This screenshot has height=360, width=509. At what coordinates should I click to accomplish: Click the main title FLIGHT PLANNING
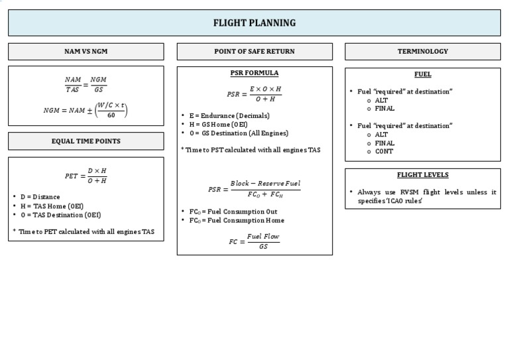(254, 23)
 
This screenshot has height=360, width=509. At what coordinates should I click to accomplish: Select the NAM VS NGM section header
(85, 52)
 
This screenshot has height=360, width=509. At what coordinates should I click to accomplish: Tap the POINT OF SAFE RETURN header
(254, 52)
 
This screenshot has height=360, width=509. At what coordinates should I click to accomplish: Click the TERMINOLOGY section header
(422, 52)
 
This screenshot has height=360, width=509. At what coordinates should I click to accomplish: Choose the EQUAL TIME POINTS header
(85, 141)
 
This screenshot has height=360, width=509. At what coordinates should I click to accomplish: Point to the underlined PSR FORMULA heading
(254, 73)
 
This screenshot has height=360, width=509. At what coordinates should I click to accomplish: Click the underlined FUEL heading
(422, 75)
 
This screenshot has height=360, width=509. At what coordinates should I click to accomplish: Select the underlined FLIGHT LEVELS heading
(422, 175)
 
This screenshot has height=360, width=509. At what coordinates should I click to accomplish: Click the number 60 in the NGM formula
(111, 115)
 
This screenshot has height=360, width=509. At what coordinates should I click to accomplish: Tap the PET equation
(85, 176)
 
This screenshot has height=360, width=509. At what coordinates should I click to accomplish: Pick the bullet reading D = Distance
(40, 197)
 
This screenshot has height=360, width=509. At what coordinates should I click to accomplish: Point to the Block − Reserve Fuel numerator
(264, 183)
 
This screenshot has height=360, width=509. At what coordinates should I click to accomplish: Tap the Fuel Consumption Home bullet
(237, 220)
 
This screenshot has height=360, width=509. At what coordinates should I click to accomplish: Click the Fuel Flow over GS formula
(254, 241)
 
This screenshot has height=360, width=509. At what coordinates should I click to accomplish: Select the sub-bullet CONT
(384, 151)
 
